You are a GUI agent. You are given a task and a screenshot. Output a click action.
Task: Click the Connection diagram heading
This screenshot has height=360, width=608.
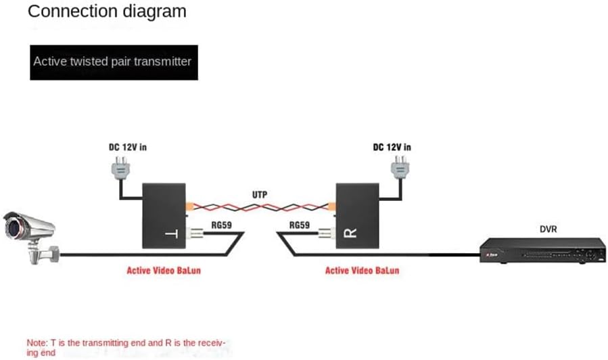click(x=108, y=12)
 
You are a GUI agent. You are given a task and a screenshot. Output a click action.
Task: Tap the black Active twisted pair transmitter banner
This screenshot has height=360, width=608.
click(x=113, y=62)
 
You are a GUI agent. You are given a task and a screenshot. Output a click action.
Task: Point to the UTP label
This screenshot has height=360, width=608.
click(x=260, y=194)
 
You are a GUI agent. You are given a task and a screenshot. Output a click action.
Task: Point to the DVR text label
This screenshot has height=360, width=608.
click(x=548, y=229)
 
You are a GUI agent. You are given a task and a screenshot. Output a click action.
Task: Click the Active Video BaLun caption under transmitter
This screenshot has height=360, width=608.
click(x=163, y=271)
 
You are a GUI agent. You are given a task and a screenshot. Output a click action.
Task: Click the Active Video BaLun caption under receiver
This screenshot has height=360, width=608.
click(x=363, y=271)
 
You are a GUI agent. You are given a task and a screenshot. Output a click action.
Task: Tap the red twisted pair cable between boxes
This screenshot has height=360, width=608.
click(x=260, y=204)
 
